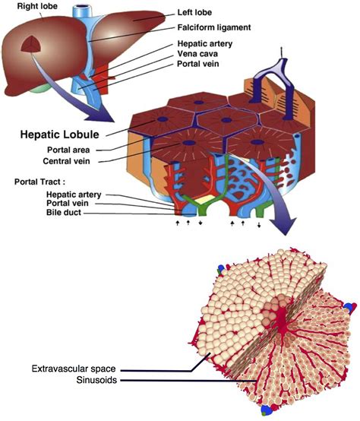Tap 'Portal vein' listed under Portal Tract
(x=54, y=204)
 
